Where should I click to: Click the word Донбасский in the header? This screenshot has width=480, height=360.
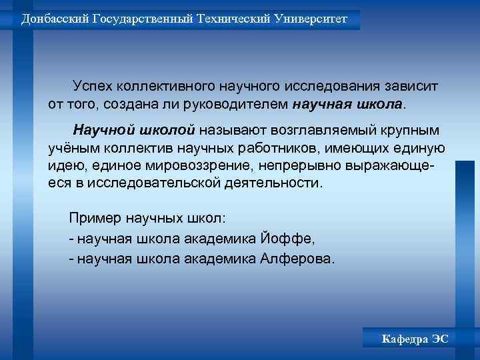[53, 19]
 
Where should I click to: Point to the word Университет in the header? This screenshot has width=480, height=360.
[311, 19]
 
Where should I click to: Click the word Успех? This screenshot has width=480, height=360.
[93, 87]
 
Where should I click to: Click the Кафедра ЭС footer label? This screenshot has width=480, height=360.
[415, 339]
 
